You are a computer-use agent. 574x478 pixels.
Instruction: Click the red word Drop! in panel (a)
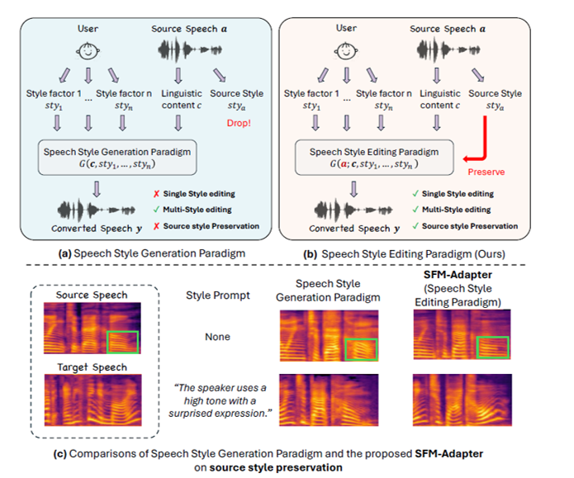point(239,123)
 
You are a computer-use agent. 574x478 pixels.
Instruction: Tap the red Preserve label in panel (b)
point(486,172)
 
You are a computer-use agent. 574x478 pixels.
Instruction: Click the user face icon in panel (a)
point(88,51)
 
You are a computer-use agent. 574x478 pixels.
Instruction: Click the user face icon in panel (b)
point(346,51)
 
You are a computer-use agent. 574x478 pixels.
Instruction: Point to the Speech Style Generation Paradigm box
point(117,158)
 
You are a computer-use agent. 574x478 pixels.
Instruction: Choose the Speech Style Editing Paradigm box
point(374,158)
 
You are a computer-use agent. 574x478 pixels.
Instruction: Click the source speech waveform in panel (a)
point(190,50)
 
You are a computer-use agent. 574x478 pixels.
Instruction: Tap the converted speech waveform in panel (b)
point(353,210)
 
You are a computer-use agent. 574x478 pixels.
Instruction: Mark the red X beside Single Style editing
point(156,194)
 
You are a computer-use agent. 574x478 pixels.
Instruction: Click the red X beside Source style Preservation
point(156,226)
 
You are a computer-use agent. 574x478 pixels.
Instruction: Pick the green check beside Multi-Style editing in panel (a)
point(156,210)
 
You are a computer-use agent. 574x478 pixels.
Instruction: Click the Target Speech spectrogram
point(93,400)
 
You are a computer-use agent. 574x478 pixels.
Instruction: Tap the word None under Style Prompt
point(217,337)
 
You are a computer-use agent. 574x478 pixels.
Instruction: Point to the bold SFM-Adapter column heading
point(458,275)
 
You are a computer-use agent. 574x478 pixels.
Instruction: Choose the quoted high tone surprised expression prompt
point(220,400)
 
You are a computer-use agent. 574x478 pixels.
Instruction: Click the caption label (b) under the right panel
point(310,254)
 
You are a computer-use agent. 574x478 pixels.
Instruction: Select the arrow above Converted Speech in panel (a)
point(97,189)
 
